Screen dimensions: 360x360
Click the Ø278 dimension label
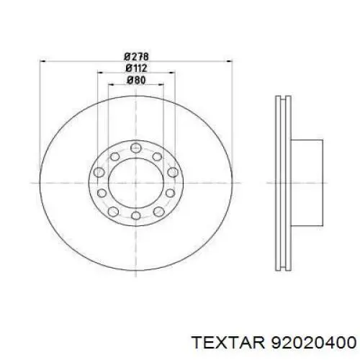tap(136, 57)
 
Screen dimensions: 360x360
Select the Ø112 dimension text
tap(136, 68)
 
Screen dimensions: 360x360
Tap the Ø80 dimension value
tap(136, 80)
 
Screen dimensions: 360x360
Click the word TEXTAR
tap(229, 342)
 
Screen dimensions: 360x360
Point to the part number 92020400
tap(313, 342)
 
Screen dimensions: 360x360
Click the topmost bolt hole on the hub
tap(136, 148)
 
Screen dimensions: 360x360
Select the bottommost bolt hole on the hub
tap(136, 215)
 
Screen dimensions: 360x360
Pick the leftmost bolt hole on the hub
tap(99, 172)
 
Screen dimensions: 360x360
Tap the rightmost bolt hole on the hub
tap(173, 172)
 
